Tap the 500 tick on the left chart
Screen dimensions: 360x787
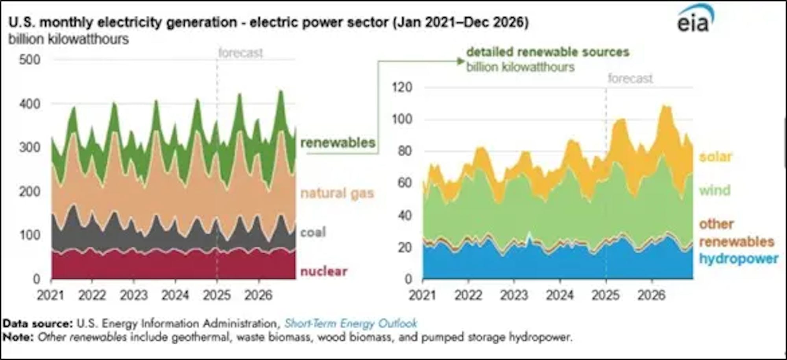[x=30, y=60]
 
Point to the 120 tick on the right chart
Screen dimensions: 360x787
[x=402, y=87]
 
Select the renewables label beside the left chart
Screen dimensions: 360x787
[x=338, y=142]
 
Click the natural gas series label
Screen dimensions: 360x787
[x=337, y=193]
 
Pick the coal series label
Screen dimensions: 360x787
[x=313, y=232]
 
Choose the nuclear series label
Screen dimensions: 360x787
[x=323, y=271]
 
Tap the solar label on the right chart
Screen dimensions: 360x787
[x=715, y=157]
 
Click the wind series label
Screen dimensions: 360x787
[x=715, y=190]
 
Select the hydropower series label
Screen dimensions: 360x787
[x=738, y=258]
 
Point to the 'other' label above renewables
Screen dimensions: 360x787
[x=716, y=224]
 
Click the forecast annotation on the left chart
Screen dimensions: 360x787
[x=240, y=53]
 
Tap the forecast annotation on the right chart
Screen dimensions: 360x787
[x=630, y=78]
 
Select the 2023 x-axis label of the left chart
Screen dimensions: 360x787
[x=133, y=295]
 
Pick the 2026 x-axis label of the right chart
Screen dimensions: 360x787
[x=652, y=295]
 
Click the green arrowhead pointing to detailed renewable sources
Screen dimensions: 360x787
[x=461, y=61]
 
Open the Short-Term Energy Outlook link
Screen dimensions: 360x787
[x=350, y=323]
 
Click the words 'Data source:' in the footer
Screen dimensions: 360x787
[x=38, y=323]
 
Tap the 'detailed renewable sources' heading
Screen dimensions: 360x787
[x=547, y=52]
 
